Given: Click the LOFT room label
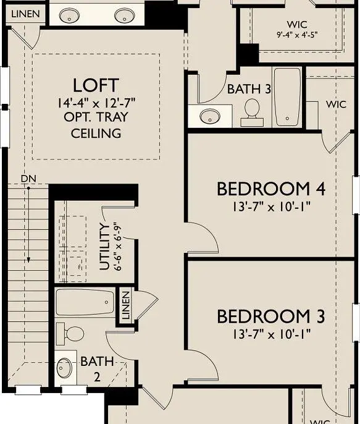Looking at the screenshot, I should point(96,85).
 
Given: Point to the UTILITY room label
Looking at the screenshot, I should point(105,248).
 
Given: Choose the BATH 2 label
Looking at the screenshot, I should point(97,368).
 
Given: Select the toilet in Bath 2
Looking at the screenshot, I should point(73,334).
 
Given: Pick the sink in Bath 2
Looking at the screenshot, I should point(65,368).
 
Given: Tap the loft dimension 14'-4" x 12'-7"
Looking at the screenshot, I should point(96,103).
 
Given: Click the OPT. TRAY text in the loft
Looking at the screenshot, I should point(96,118).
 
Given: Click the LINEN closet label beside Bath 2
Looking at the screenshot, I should point(126,305).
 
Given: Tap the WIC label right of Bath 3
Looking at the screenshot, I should point(336,104).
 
